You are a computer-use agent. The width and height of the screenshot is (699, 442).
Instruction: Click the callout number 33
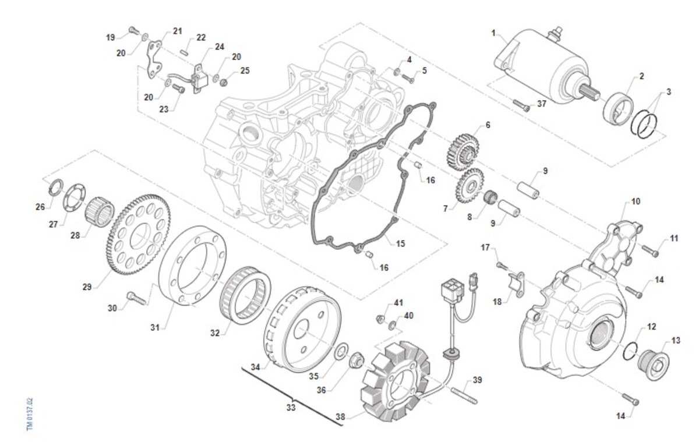[x=291, y=408]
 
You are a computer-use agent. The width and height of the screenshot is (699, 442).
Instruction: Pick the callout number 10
[x=636, y=201]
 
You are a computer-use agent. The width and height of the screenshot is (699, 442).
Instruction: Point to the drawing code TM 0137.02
[x=30, y=414]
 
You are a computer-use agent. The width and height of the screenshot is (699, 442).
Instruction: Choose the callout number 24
[x=220, y=47]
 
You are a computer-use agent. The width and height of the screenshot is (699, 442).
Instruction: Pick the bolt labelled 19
[x=132, y=29]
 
